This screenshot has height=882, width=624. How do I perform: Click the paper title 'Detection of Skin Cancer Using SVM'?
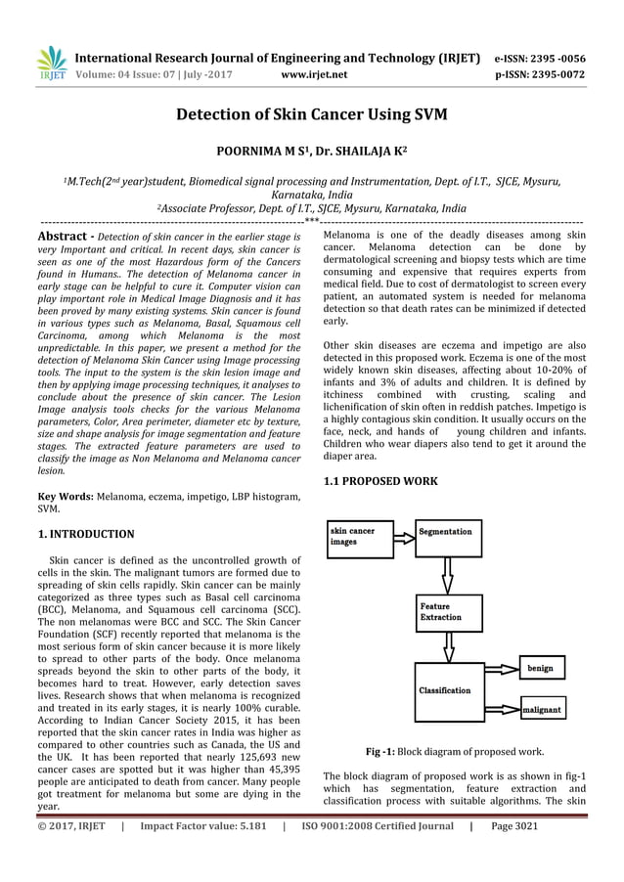(311, 115)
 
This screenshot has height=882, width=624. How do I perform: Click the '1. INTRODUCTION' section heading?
(86, 534)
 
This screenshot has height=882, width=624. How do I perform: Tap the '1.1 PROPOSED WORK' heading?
(381, 481)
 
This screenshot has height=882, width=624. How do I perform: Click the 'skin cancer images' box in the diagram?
(358, 537)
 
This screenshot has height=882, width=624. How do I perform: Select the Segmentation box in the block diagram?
(448, 537)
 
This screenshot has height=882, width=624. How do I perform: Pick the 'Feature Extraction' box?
(448, 612)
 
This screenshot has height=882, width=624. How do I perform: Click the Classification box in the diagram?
(448, 690)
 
